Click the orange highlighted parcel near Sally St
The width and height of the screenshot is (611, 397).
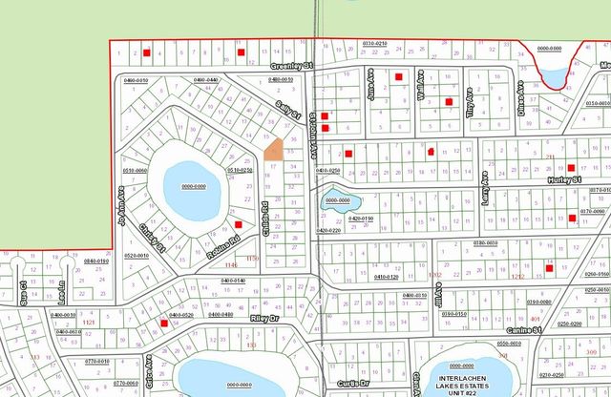tap(273, 148)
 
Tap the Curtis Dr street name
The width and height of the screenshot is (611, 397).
tap(350, 382)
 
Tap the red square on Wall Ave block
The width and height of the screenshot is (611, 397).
tap(449, 102)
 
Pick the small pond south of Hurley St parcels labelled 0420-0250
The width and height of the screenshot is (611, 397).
tap(337, 200)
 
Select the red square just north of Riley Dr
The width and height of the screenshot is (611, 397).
tap(164, 324)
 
